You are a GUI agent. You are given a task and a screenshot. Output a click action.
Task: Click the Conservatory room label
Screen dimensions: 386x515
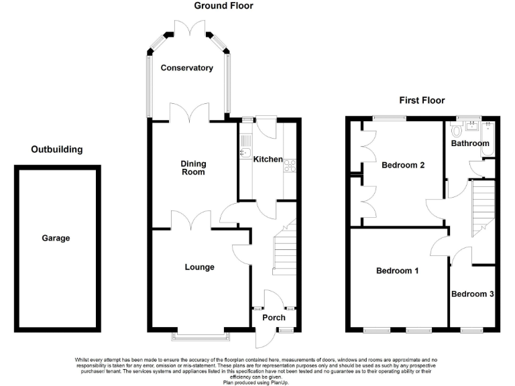pyautogui.click(x=186, y=68)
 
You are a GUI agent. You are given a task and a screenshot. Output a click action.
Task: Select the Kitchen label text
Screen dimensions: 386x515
pyautogui.click(x=268, y=159)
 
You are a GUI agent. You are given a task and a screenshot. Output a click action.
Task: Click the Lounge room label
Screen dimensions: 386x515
pyautogui.click(x=199, y=267)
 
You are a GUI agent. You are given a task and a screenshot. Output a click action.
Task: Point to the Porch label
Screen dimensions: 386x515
pyautogui.click(x=273, y=318)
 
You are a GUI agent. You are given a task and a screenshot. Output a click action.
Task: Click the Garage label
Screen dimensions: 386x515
pyautogui.click(x=56, y=238)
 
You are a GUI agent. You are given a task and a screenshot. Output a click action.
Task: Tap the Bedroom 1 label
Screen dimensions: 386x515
pyautogui.click(x=397, y=271)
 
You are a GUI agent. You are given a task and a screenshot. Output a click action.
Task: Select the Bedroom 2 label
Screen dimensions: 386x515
pyautogui.click(x=403, y=165)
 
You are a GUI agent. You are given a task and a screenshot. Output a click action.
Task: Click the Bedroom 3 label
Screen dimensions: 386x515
pyautogui.click(x=472, y=294)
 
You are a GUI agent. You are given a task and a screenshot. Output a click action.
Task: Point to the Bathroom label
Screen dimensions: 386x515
pyautogui.click(x=469, y=143)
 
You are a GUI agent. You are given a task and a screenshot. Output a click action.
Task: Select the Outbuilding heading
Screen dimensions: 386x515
pyautogui.click(x=57, y=149)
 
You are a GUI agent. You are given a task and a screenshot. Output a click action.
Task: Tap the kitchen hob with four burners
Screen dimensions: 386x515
pyautogui.click(x=290, y=165)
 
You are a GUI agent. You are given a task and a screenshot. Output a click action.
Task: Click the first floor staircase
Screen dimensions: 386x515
pyautogui.click(x=483, y=208)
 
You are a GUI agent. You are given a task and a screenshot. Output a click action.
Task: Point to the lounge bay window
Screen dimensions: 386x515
pyautogui.click(x=199, y=332)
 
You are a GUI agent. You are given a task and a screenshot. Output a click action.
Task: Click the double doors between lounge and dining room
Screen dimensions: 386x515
pyautogui.click(x=192, y=221)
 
